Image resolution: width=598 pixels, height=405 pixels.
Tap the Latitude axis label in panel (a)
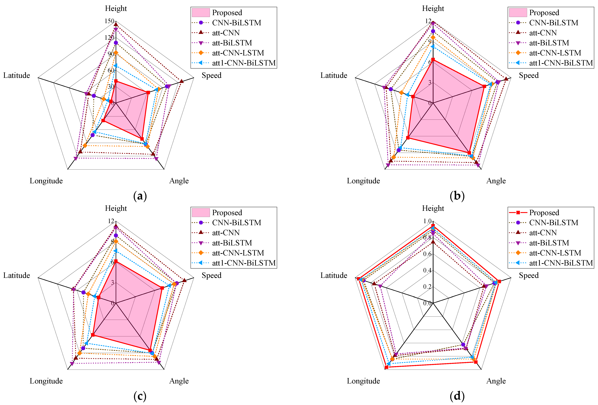pos(16,75)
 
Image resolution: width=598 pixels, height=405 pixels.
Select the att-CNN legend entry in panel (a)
pos(226,33)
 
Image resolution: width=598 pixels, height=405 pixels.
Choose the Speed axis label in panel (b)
pos(528,75)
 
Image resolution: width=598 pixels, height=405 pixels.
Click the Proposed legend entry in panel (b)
pos(544,13)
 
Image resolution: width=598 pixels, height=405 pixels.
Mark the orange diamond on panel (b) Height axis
pos(433,38)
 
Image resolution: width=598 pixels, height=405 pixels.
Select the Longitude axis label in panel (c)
pos(46,381)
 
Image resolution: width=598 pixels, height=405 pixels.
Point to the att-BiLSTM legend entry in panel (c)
pos(232,243)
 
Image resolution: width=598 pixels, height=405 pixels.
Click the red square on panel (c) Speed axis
pos(162,288)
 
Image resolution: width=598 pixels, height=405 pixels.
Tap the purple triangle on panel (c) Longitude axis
pos(72,364)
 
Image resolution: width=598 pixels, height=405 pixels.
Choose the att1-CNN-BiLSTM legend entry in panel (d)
pos(561,263)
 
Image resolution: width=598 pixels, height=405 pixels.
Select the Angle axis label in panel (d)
pos(496,381)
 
